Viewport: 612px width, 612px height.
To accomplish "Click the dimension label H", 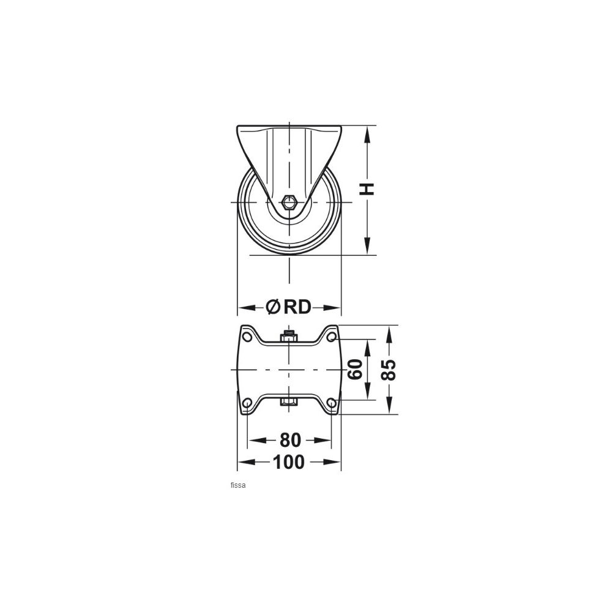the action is (x=367, y=189).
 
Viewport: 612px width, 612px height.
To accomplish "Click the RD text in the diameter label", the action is (x=297, y=307).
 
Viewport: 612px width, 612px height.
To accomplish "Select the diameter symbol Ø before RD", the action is (x=273, y=307).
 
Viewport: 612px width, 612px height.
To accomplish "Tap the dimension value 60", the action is (x=355, y=369).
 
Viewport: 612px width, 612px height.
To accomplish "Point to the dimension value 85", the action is (x=389, y=370).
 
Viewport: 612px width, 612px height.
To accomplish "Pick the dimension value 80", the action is (x=290, y=440).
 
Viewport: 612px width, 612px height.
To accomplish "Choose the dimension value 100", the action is (x=289, y=462).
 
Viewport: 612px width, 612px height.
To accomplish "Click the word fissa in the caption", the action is (x=238, y=485).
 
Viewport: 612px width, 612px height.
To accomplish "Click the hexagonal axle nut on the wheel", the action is (x=289, y=202).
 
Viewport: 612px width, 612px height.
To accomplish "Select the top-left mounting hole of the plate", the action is (x=246, y=337).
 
